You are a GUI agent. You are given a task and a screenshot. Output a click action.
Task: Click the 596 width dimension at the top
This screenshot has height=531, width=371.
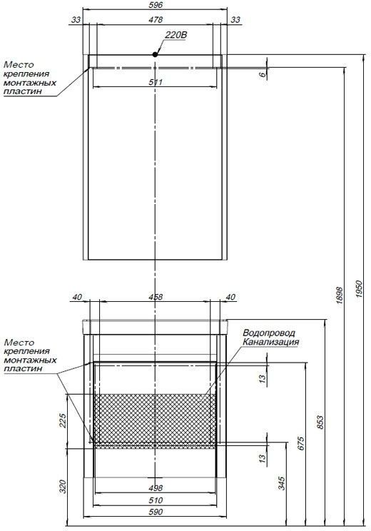[156, 5]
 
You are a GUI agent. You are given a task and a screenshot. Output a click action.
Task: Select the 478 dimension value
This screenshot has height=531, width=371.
[156, 20]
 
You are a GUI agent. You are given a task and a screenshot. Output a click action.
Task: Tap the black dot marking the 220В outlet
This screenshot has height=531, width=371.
[155, 54]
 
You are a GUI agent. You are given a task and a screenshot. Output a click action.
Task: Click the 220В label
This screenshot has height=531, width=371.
[176, 35]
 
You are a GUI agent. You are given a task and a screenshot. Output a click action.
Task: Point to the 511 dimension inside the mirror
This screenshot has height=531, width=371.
[156, 82]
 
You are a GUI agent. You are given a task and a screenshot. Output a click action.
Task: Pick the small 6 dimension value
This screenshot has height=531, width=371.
[263, 74]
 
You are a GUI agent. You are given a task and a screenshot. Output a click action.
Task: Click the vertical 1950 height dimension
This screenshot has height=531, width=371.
[359, 289]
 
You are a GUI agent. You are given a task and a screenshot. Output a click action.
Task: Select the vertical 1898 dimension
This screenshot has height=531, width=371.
[340, 295]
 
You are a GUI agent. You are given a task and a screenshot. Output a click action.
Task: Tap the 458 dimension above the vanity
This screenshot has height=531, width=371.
[156, 297]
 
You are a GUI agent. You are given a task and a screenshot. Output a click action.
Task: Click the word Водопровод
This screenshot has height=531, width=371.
[269, 333]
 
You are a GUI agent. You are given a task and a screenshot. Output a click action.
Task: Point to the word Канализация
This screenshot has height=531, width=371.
[270, 342]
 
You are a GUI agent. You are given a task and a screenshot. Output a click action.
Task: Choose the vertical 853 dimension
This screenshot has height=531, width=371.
[320, 422]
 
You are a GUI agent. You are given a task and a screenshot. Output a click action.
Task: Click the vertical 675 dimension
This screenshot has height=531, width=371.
[301, 444]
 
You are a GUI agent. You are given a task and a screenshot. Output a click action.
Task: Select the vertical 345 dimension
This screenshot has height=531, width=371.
[282, 483]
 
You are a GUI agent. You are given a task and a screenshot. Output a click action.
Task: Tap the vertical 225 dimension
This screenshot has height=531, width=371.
[63, 420]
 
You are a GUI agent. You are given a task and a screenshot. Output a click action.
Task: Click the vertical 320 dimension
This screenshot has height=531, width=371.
[63, 486]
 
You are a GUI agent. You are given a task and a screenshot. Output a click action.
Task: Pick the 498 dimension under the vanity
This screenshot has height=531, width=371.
[156, 488]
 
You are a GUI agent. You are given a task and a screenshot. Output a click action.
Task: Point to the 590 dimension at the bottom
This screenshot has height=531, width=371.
[156, 512]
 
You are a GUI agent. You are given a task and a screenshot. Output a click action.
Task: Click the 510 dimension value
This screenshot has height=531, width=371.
[156, 500]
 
